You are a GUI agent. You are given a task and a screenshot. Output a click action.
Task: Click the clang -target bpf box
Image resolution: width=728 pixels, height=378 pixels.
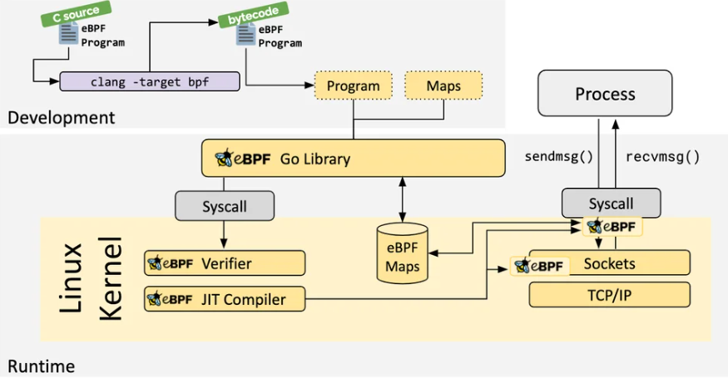pos(150,81)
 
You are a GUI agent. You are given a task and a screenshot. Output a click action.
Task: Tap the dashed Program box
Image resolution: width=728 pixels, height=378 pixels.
pos(353,86)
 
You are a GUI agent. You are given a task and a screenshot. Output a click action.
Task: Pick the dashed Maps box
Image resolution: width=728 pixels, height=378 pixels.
pos(443,86)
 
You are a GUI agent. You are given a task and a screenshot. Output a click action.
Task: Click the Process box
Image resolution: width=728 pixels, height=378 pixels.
pos(605,93)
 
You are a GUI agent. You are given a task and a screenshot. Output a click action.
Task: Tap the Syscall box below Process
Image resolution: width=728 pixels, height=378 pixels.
pos(611,203)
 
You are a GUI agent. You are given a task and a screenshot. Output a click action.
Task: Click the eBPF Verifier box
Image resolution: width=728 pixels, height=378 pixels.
pos(225,263)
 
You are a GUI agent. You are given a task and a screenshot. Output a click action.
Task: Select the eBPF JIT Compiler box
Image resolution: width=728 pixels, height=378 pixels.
pos(225,299)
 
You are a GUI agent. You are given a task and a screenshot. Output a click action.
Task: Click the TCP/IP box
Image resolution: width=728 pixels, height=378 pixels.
pos(610,294)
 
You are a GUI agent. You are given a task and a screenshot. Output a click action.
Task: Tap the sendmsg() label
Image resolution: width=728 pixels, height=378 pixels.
pos(557,155)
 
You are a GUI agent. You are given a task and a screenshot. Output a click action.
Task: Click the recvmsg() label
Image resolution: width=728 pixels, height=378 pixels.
pos(661,155)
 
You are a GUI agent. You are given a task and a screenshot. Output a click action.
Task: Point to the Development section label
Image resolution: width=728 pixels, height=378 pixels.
pos(61,118)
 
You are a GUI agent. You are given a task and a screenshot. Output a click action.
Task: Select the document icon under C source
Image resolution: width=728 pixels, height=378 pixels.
pos(67,35)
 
